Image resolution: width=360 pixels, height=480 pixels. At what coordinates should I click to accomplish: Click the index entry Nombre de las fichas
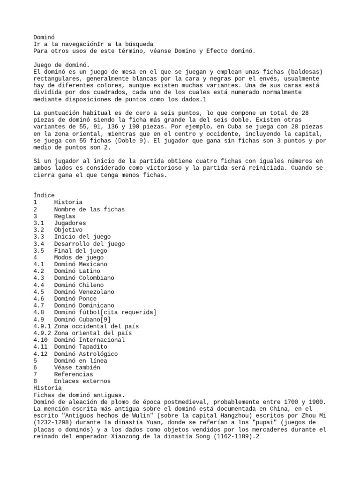point(90,210)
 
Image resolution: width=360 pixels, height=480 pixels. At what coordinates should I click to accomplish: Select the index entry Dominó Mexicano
point(81,264)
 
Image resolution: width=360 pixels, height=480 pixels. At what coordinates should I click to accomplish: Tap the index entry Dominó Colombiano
point(84,278)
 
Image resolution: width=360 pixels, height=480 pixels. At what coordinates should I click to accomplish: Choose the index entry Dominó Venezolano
point(84,292)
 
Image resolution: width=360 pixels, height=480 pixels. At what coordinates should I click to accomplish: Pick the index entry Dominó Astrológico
point(86,354)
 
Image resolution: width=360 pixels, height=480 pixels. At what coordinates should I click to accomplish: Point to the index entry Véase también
point(77,367)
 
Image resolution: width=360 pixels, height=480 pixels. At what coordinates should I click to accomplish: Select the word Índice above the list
point(44,195)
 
